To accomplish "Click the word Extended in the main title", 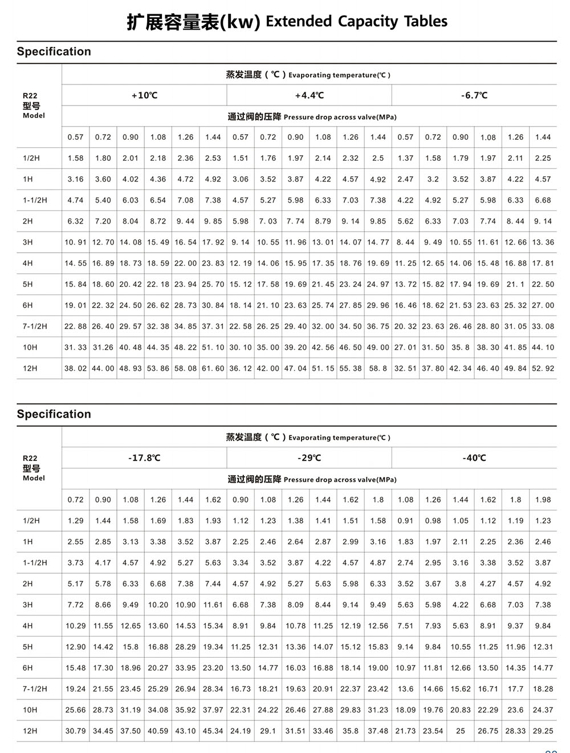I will (299, 22).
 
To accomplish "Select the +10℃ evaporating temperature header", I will (144, 95).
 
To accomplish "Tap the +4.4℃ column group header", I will (309, 95).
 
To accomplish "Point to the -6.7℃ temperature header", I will (474, 95).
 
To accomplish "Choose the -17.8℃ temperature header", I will (144, 458).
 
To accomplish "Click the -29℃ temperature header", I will (309, 458).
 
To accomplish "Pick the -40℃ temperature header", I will (474, 458).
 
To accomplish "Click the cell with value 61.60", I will (213, 369).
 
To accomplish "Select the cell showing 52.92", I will (543, 369).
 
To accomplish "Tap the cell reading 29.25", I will (543, 731).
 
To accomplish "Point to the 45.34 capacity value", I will (213, 731).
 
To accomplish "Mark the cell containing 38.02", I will (75, 369).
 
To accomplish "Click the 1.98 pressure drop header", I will (543, 500).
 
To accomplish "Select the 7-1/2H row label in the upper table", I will (35, 326).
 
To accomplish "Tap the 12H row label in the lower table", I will (30, 731).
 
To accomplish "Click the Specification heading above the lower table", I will (54, 414).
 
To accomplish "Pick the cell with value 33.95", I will (185, 668).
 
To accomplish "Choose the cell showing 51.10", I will (213, 347).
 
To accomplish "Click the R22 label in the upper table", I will (30, 96).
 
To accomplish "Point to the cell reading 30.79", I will (75, 731).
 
